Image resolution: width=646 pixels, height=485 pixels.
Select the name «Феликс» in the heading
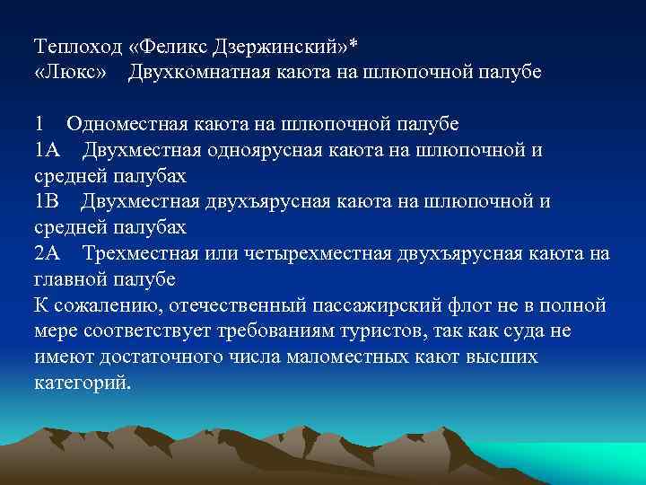pyautogui.click(x=176, y=45)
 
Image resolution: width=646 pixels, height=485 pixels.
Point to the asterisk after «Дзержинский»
pyautogui.click(x=354, y=42)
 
